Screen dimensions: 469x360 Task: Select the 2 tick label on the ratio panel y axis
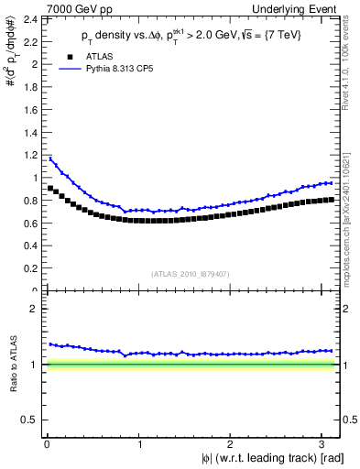coord(32,309)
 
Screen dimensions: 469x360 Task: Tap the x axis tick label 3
coord(322,445)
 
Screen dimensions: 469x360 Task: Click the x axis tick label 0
coord(46,445)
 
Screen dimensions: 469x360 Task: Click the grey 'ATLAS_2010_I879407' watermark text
coord(191,273)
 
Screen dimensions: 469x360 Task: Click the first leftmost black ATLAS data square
coord(49,188)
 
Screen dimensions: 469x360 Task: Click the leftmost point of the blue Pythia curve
coord(49,158)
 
